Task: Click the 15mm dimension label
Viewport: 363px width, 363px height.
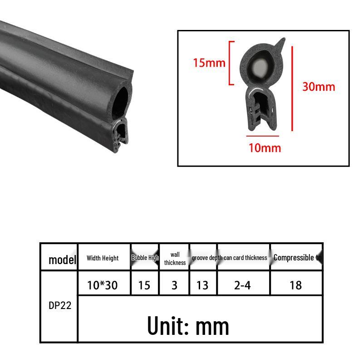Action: click(x=209, y=63)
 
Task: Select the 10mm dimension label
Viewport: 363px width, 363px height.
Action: click(x=265, y=147)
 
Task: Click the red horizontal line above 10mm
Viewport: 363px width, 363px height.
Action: click(x=262, y=136)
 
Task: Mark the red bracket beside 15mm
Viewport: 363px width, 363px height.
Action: click(x=231, y=63)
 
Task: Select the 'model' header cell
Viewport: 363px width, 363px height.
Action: click(x=62, y=260)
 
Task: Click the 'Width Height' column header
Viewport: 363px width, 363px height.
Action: click(x=103, y=258)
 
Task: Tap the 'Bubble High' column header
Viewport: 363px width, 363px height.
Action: click(x=145, y=258)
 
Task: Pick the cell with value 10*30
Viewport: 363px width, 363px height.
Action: click(x=103, y=285)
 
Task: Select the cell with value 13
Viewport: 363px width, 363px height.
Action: click(x=202, y=285)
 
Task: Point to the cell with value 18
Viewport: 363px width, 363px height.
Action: click(x=295, y=285)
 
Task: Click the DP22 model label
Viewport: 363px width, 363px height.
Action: click(x=59, y=305)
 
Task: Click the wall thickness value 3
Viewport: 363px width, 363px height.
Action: click(x=174, y=285)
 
